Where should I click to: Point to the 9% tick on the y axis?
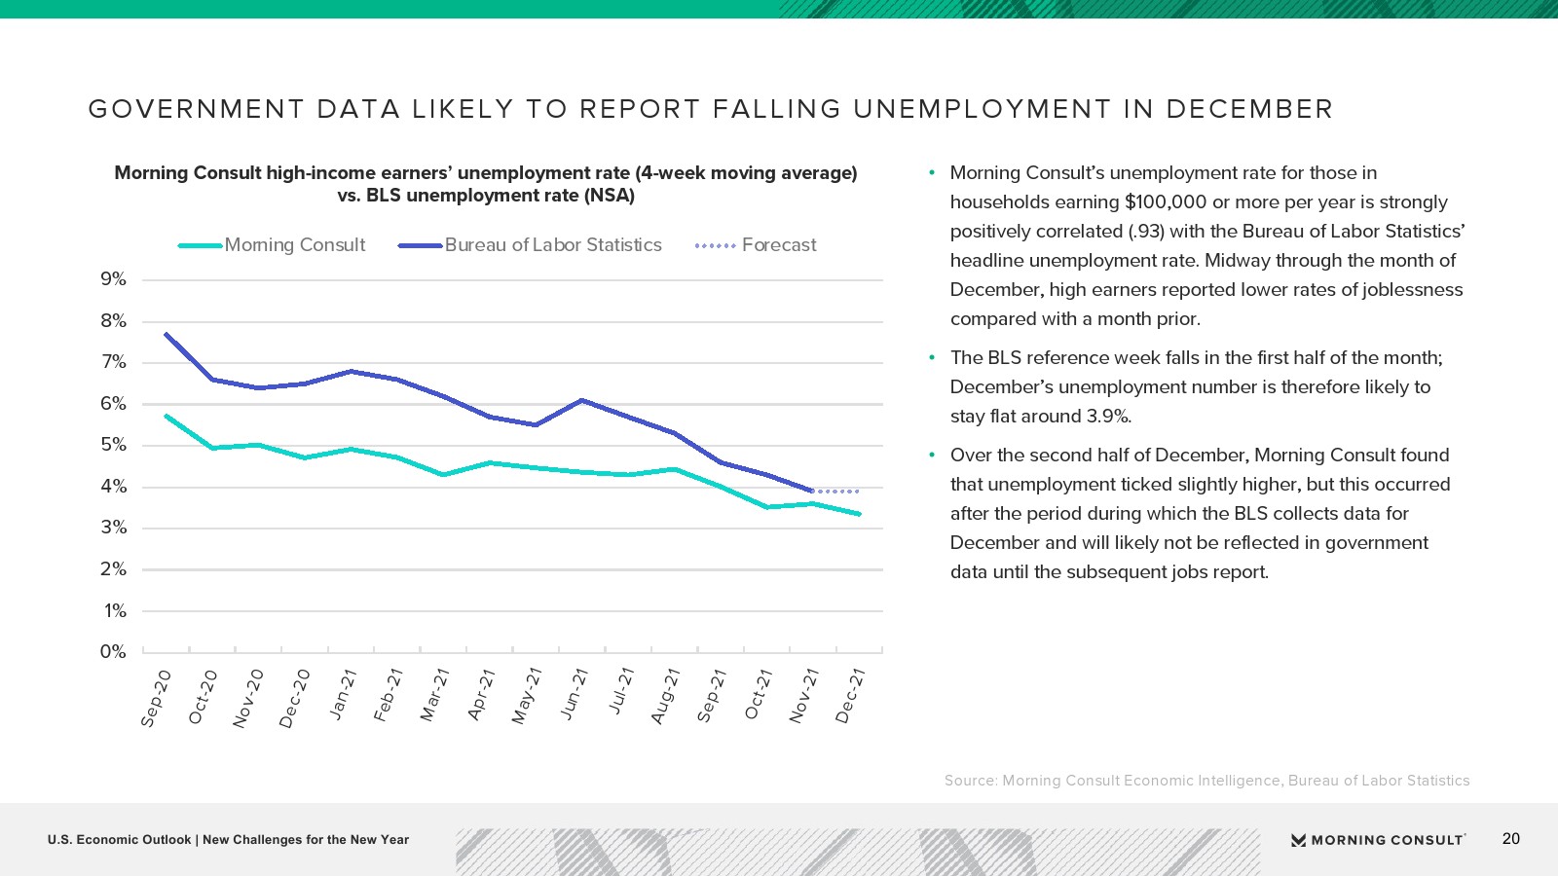point(113,279)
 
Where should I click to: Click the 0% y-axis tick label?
point(113,652)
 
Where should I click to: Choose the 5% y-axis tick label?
point(113,445)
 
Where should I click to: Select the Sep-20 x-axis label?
point(156,698)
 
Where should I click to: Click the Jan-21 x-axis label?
point(343,694)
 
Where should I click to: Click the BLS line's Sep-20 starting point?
point(167,334)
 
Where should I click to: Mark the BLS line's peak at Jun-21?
point(581,400)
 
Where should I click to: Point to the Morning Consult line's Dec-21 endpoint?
point(859,514)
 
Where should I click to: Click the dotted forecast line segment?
point(835,492)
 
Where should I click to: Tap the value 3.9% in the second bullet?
point(1109,417)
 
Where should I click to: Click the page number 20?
point(1510,839)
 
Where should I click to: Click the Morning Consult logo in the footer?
point(1378,840)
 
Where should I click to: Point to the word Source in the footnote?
point(970,781)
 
